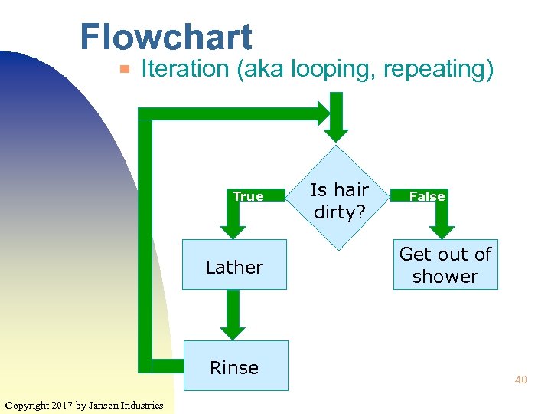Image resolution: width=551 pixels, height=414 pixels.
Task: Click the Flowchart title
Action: coord(165,37)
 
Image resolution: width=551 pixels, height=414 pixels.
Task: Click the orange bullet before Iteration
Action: coord(125,71)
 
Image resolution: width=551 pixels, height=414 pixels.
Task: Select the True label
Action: coord(248,197)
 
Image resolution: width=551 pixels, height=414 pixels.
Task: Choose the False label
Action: coord(427,197)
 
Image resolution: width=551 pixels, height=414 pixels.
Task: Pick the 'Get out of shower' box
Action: coord(445,264)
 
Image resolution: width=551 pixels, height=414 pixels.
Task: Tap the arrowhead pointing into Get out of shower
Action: coord(442,230)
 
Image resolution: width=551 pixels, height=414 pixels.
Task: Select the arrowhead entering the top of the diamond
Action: coord(338,132)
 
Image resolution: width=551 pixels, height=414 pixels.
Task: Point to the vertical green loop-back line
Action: coord(145,238)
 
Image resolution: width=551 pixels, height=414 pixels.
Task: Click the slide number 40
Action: coord(520,379)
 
